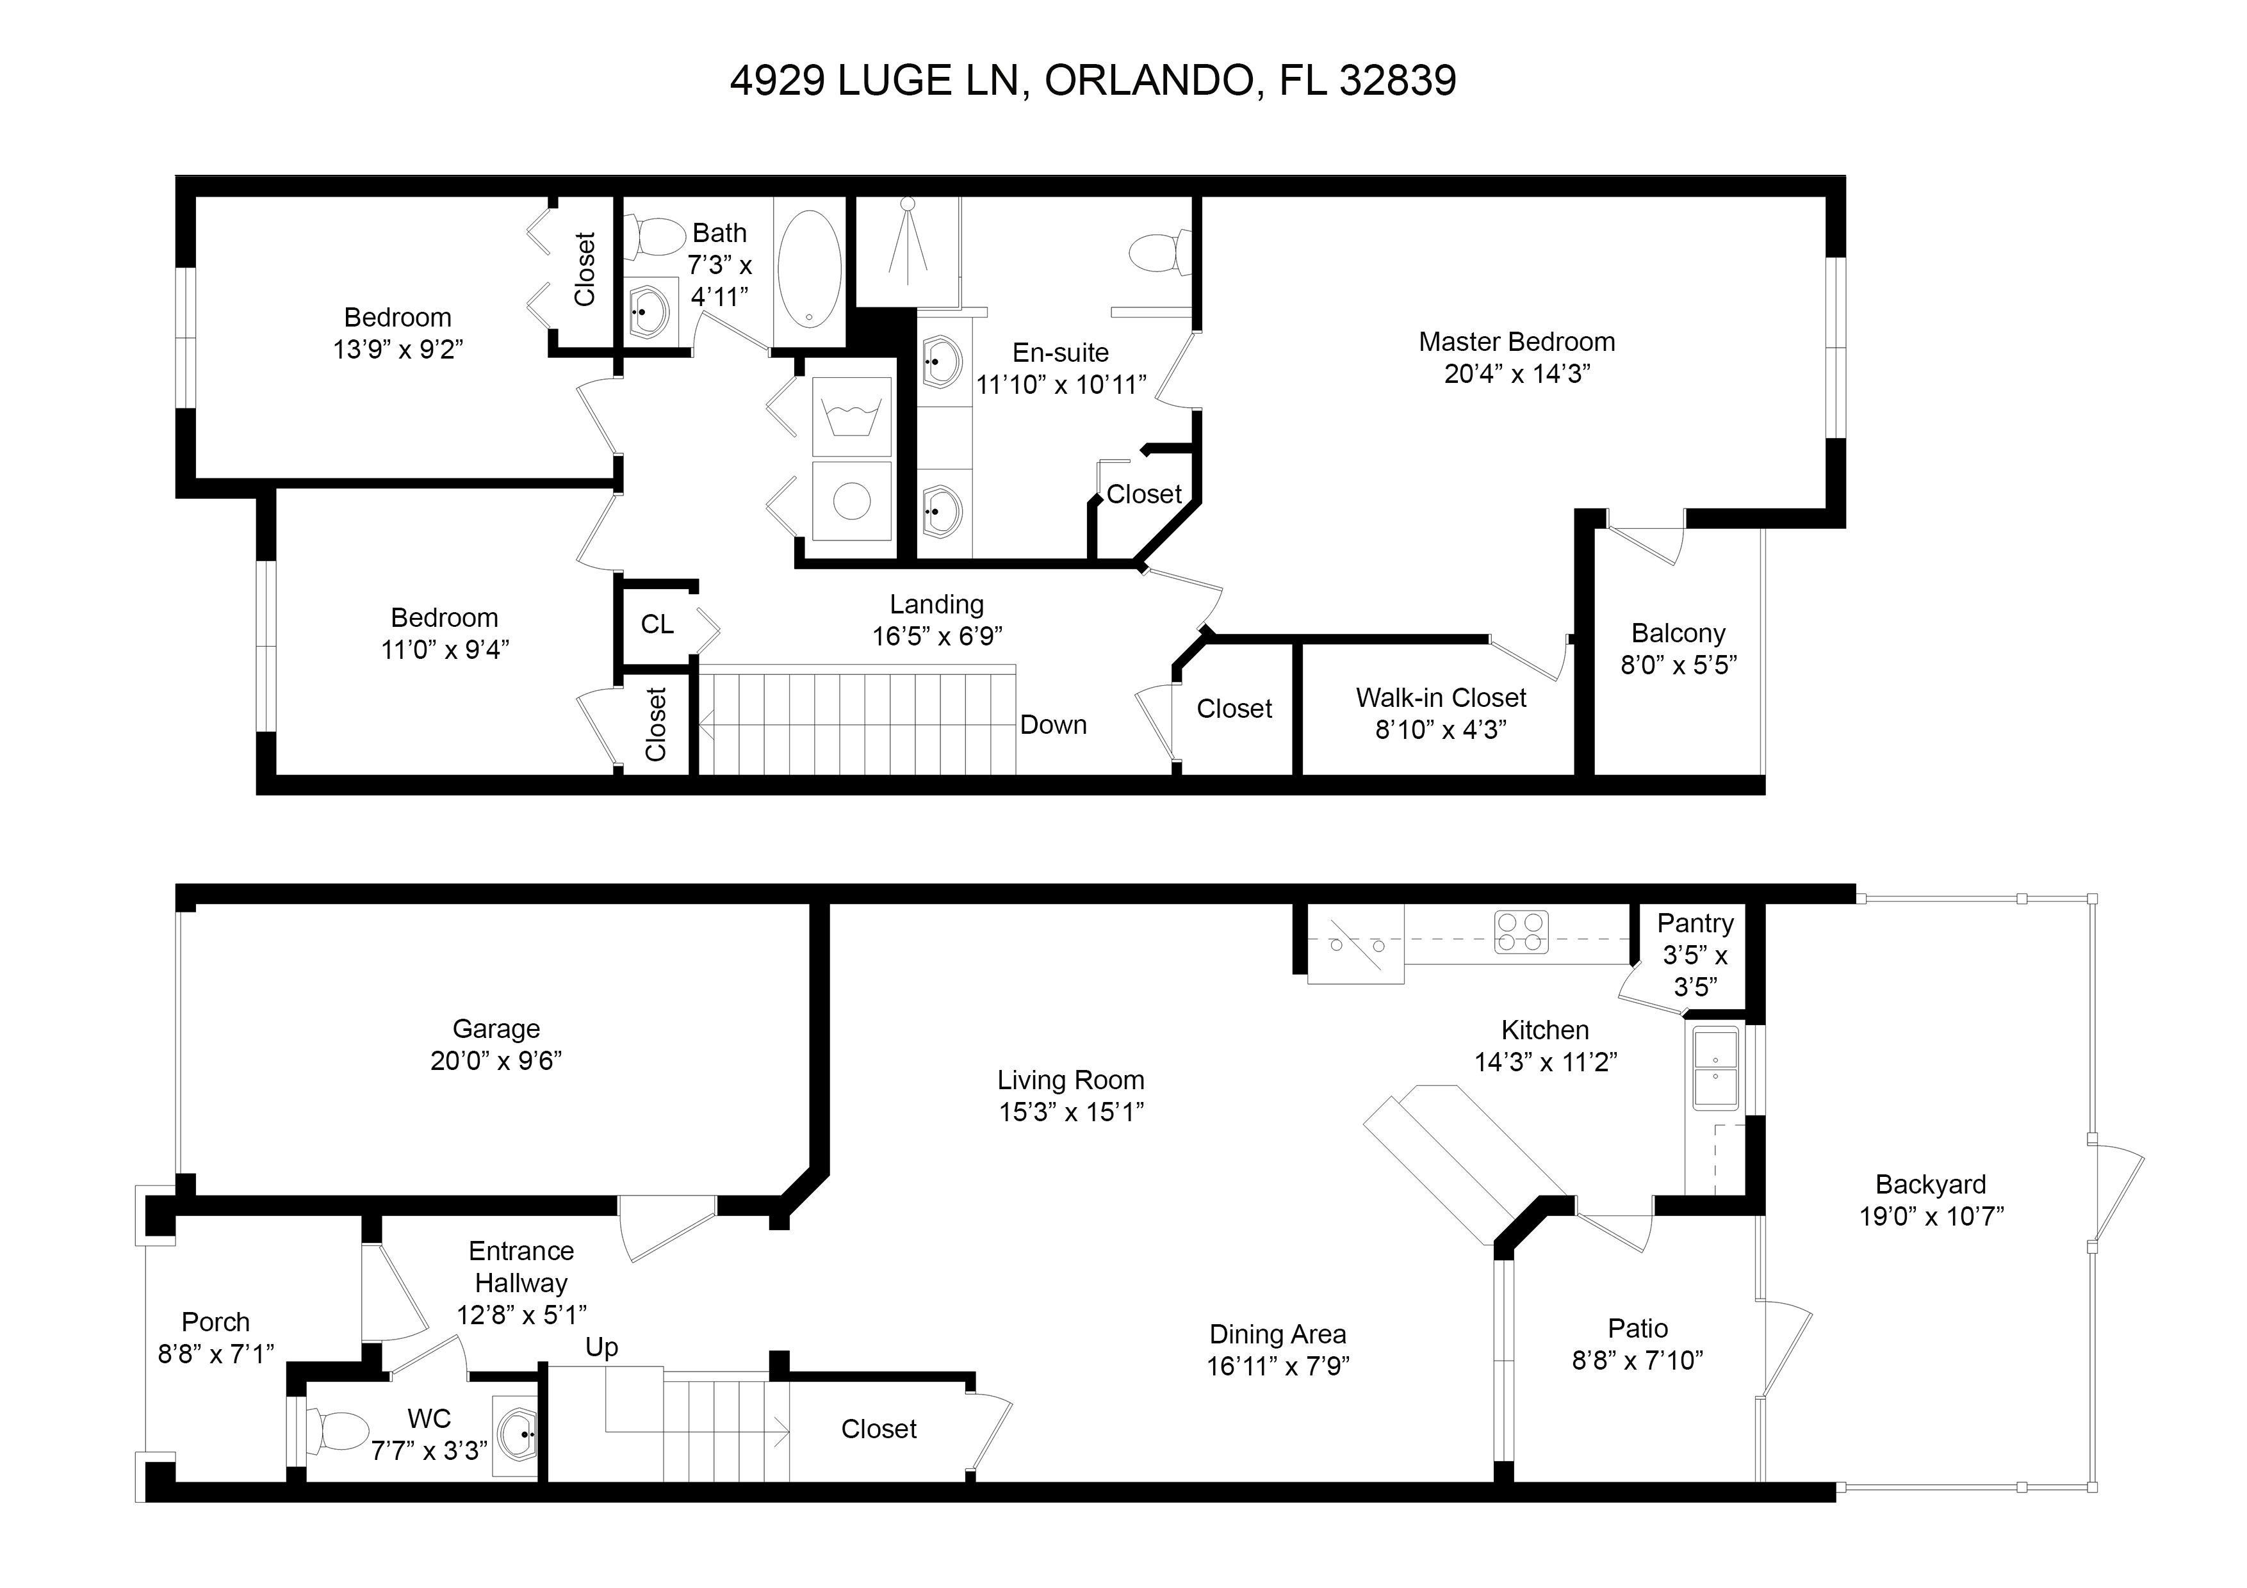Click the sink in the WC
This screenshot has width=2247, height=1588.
pos(516,1436)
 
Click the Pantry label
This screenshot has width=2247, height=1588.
pos(1695,923)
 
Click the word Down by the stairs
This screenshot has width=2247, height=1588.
pos(1053,725)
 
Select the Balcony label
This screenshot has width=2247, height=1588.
pos(1678,633)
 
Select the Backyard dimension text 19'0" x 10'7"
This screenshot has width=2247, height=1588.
pos(1931,1216)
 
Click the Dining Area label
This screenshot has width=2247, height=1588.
pos(1277,1334)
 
